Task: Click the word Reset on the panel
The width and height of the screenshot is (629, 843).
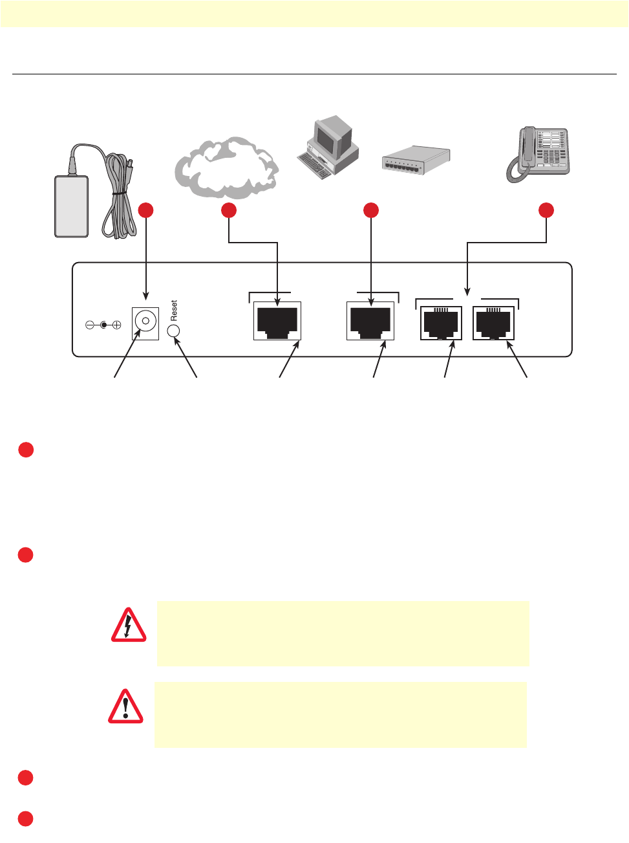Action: coord(174,311)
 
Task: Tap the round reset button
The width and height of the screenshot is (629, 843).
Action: coord(173,331)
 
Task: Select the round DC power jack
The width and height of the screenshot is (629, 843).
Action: coord(145,321)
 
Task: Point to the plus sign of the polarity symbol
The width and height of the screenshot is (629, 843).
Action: coord(117,325)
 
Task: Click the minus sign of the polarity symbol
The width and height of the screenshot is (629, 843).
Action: coord(90,325)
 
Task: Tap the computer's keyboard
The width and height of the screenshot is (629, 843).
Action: coord(314,165)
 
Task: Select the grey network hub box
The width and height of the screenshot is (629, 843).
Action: coord(415,160)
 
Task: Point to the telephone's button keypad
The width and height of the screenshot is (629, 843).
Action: coord(553,149)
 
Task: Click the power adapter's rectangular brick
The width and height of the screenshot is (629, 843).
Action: coord(71,206)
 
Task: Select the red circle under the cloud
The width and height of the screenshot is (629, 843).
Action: coord(229,210)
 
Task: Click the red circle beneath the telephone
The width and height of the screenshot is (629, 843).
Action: coord(546,210)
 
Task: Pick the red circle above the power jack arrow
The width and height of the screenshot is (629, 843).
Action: coord(146,210)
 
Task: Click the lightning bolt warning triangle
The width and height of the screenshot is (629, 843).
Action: coord(128,626)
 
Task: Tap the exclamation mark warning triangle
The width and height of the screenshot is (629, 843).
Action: coord(125,706)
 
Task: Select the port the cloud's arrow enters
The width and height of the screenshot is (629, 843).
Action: coord(277,321)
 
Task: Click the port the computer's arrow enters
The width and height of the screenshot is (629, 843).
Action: coord(370,321)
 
